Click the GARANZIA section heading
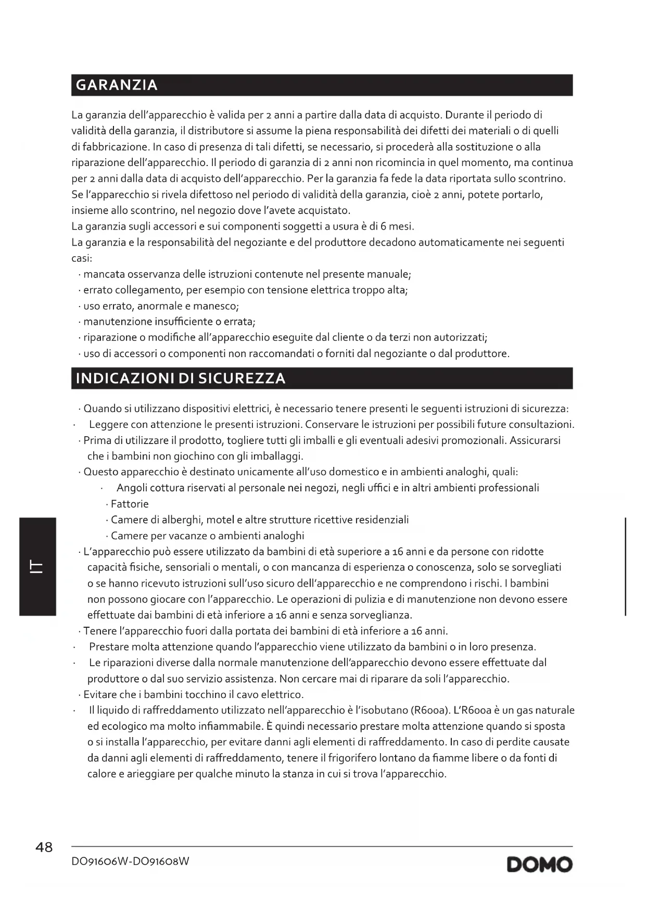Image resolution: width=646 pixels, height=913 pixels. pyautogui.click(x=117, y=85)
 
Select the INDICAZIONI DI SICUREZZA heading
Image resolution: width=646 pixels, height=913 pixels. pyautogui.click(x=181, y=378)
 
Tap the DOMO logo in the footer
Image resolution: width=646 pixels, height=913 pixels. pyautogui.click(x=539, y=865)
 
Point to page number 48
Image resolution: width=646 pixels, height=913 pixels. pyautogui.click(x=44, y=847)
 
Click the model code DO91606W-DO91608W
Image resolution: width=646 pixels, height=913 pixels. pyautogui.click(x=130, y=861)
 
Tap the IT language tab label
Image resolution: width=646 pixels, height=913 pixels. pyautogui.click(x=37, y=566)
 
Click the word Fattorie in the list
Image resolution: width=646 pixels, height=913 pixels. pyautogui.click(x=130, y=504)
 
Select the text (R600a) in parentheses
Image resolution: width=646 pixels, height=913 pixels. pyautogui.click(x=430, y=711)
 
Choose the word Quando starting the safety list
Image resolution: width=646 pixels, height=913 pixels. pyautogui.click(x=102, y=409)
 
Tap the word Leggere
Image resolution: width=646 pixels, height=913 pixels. pyautogui.click(x=109, y=425)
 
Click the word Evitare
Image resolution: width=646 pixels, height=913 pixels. pyautogui.click(x=100, y=694)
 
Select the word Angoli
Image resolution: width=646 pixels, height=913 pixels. pyautogui.click(x=131, y=488)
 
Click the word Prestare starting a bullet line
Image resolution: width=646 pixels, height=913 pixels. pyautogui.click(x=109, y=647)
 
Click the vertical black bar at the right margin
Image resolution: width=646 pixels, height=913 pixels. pyautogui.click(x=625, y=566)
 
